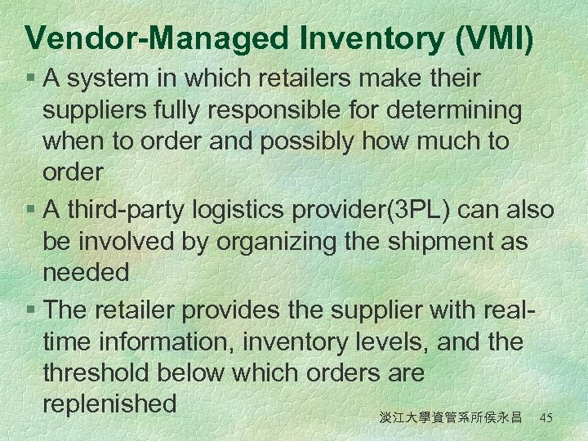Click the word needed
pyautogui.click(x=85, y=273)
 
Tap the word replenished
pyautogui.click(x=109, y=403)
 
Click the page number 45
pyautogui.click(x=547, y=417)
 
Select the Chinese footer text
pyautogui.click(x=450, y=417)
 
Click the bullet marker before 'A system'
pyautogui.click(x=30, y=79)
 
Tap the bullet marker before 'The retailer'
pyautogui.click(x=30, y=311)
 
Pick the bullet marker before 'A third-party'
pyautogui.click(x=30, y=211)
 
